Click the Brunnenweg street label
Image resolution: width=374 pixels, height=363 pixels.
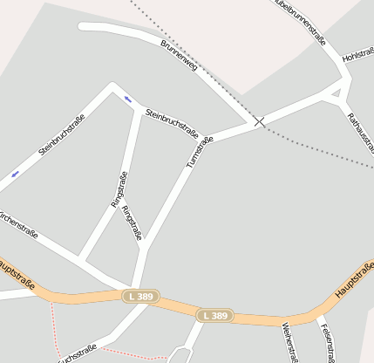click(179, 54)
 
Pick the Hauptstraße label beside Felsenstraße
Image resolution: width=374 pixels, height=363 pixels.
click(354, 280)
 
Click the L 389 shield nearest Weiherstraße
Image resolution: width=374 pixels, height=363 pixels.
click(214, 315)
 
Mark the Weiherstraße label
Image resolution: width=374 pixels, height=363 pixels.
click(288, 342)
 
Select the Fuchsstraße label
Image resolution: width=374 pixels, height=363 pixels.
click(77, 353)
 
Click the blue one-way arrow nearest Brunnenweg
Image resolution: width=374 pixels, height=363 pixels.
click(128, 99)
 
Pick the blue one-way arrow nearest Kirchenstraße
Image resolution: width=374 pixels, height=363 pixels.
click(15, 175)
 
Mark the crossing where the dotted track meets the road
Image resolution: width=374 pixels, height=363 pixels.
click(259, 122)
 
